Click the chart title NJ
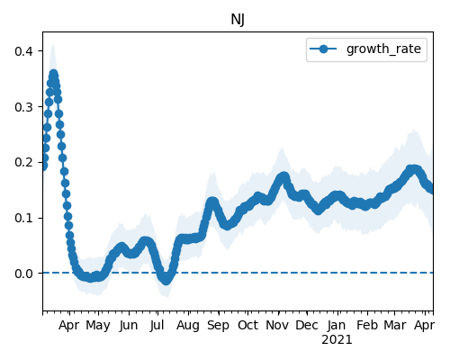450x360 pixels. [x=238, y=20]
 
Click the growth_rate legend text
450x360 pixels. [x=383, y=49]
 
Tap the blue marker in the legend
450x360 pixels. [x=323, y=49]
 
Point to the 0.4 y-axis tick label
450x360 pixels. [x=23, y=51]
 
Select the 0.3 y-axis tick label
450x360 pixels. [x=23, y=107]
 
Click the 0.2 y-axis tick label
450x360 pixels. [x=23, y=162]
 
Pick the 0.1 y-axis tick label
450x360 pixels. [x=23, y=218]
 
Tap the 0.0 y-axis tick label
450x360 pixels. [x=23, y=274]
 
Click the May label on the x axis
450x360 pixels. [x=98, y=326]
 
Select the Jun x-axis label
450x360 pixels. [x=129, y=326]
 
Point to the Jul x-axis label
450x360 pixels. [x=157, y=325]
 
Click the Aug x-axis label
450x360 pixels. [x=188, y=326]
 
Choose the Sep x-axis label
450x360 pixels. [x=218, y=326]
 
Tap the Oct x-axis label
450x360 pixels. [x=247, y=325]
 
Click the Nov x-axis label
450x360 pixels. [x=277, y=325]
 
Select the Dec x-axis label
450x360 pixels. [x=307, y=325]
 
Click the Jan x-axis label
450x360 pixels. [x=337, y=325]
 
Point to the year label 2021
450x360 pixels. [x=337, y=340]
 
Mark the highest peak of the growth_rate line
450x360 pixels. [x=53, y=74]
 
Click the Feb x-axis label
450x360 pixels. [x=367, y=325]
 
